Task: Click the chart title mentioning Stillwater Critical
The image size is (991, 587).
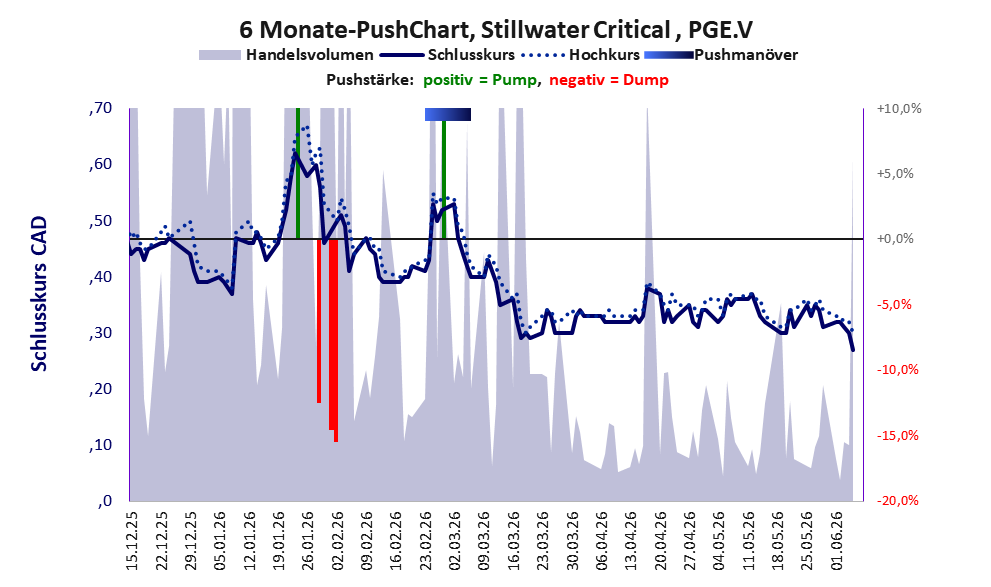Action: point(496,30)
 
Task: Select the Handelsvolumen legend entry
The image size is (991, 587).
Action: point(286,55)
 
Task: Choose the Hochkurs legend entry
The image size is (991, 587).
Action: point(580,55)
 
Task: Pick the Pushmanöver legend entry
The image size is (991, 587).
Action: point(720,55)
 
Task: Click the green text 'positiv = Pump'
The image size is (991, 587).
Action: point(480,80)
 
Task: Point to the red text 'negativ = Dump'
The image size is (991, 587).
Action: point(609,80)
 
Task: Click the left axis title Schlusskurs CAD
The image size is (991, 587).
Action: point(39,294)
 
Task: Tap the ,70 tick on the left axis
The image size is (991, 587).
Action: point(101,108)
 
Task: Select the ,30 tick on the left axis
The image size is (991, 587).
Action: point(101,333)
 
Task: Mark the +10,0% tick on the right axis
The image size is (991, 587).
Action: point(899,109)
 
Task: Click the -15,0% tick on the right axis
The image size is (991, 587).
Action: point(897,435)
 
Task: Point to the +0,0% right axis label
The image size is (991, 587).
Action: point(896,239)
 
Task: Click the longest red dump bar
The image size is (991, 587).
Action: point(336,340)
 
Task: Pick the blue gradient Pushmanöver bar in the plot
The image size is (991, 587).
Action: point(447,114)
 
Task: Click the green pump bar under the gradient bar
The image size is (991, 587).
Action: point(444,179)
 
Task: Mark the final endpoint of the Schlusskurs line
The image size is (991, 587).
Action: point(853,350)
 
